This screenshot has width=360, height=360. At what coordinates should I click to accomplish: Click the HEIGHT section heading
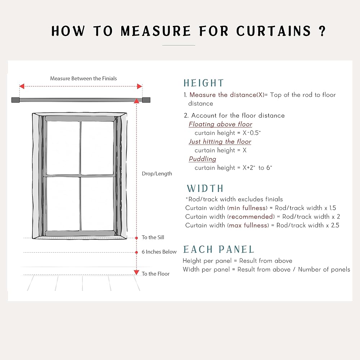click(203, 83)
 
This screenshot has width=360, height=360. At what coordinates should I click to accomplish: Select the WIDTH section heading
click(205, 189)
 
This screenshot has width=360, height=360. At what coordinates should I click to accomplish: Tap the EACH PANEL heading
click(219, 249)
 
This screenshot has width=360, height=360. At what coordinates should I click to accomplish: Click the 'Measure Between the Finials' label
click(84, 78)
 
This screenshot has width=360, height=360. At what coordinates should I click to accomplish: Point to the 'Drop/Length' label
click(157, 174)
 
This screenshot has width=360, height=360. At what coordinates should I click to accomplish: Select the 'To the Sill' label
click(153, 238)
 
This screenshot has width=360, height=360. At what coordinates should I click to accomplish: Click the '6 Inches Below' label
click(159, 252)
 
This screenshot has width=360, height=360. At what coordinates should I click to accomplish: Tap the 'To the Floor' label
click(156, 274)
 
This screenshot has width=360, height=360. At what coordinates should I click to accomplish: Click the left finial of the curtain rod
click(15, 100)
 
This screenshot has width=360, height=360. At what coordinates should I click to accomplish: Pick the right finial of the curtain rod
click(146, 100)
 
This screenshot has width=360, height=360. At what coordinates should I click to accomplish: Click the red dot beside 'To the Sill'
click(137, 238)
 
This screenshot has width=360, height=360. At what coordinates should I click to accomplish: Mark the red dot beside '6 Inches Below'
click(137, 252)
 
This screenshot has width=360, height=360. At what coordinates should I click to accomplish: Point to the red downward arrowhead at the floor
click(136, 273)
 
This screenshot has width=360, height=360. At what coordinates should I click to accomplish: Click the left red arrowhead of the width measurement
click(22, 86)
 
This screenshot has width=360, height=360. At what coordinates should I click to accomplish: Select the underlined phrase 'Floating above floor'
click(220, 124)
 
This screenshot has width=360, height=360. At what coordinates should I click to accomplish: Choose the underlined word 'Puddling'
click(202, 159)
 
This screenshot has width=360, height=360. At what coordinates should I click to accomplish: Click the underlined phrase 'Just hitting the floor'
click(220, 141)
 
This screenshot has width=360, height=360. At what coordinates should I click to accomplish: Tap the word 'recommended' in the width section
click(251, 217)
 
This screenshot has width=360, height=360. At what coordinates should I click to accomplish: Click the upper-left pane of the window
click(63, 148)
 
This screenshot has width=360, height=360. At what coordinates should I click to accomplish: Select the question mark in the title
click(322, 31)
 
